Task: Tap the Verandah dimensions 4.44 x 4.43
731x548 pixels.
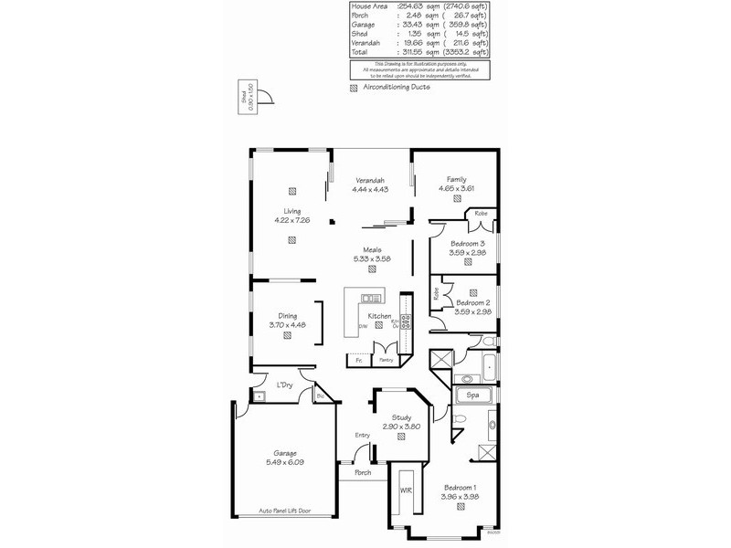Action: pos(370,190)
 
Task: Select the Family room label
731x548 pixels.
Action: pos(457,179)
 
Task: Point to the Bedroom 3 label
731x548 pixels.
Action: pos(469,244)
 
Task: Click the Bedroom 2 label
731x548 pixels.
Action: pos(474,301)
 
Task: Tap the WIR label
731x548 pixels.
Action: pos(406,490)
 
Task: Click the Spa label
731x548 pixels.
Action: pos(472,395)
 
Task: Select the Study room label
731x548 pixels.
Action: pos(402,417)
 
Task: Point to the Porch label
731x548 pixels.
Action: pos(363,472)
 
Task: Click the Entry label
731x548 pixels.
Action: pos(363,435)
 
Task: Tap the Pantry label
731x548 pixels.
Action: pos(387,361)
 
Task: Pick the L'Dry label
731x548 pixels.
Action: pos(285,385)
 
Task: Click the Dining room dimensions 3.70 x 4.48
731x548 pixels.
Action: pos(286,325)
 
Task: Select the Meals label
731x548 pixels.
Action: pos(372,249)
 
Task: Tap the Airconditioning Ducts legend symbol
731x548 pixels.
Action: pos(355,88)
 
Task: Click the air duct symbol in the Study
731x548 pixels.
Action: pos(402,437)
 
